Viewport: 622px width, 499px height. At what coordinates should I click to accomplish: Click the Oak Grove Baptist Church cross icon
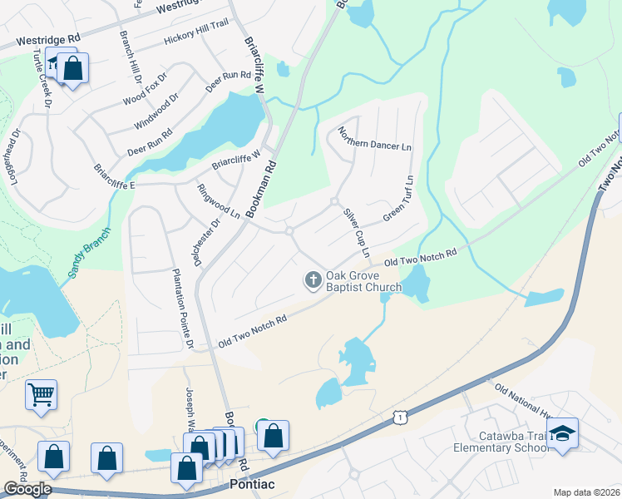313,280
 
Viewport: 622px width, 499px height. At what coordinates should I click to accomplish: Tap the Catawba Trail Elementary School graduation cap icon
563,432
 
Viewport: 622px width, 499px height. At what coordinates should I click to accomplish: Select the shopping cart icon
41,394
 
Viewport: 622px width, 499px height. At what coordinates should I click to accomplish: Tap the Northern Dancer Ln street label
374,138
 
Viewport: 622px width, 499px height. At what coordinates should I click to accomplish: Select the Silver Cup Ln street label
356,233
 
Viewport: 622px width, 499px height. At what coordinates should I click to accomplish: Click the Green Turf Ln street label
398,199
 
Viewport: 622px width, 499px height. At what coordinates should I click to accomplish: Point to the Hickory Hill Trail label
195,38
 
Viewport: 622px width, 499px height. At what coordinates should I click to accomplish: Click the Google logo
27,489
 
